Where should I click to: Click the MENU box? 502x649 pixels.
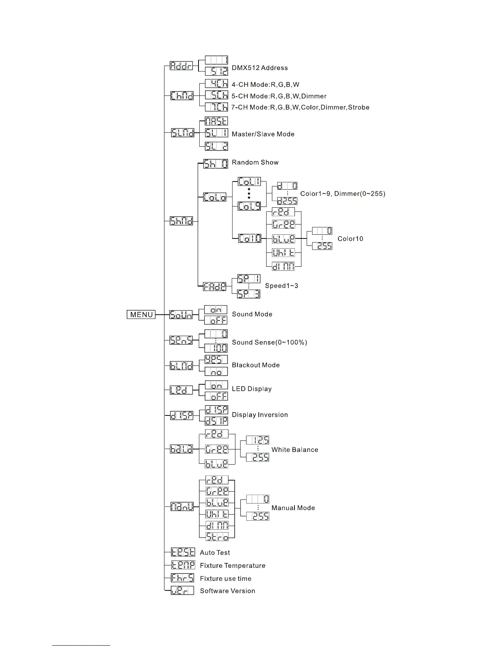141,315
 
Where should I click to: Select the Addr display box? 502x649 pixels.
181,66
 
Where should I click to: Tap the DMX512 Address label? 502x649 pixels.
260,68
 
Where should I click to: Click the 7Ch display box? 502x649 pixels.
216,107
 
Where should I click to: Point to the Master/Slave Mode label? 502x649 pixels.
263,134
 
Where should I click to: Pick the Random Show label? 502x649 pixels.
255,162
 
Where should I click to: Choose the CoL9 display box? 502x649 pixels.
249,206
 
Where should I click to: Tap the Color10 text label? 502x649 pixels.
350,239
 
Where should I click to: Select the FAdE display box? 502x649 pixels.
215,287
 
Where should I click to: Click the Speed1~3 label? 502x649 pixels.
281,286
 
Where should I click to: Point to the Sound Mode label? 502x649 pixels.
252,314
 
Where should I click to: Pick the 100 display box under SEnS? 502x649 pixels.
216,348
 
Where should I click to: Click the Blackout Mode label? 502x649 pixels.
256,365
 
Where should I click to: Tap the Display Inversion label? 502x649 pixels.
260,415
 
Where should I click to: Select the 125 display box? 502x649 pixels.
258,440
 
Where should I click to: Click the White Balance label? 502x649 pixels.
294,450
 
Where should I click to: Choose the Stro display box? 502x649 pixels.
217,536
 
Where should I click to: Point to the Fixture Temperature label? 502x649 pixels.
233,566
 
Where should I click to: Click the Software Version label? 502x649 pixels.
227,591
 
